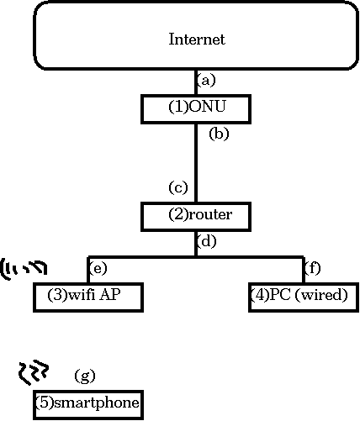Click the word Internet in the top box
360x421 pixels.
coord(197,39)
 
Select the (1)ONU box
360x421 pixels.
coord(196,109)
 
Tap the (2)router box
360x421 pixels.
coord(196,217)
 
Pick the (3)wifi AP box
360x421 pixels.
coord(88,297)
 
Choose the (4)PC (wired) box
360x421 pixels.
coord(304,297)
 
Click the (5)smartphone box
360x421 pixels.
coord(88,405)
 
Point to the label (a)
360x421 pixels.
coord(206,81)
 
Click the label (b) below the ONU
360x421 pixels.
coord(219,134)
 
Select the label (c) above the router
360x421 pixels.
coord(178,187)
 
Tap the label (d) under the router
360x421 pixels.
coord(207,241)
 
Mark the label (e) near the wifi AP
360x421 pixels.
coord(98,268)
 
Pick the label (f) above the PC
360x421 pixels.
coord(313,268)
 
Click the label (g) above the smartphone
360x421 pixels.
coord(85,376)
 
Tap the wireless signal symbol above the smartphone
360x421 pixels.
coord(34,371)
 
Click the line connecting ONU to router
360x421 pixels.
coord(196,163)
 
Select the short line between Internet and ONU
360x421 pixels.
coord(196,82)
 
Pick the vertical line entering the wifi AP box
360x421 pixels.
coord(88,269)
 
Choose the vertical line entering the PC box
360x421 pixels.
coord(304,269)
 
